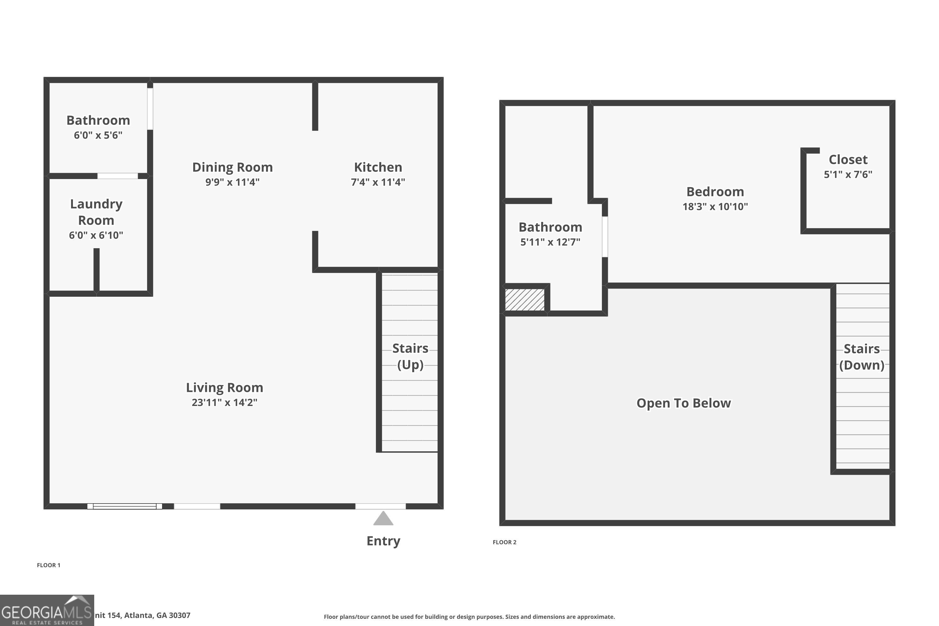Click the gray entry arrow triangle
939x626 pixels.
[383, 519]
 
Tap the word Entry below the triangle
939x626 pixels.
[383, 541]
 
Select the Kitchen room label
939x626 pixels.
[378, 167]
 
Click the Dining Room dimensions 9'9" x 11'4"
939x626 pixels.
[232, 182]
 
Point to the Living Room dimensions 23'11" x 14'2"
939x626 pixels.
[224, 403]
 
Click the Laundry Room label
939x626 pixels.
[96, 212]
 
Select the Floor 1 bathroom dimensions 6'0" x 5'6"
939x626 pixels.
[98, 135]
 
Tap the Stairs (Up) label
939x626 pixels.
[410, 356]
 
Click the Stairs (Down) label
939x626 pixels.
[862, 357]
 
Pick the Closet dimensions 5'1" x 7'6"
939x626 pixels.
[848, 174]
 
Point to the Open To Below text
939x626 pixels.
[684, 403]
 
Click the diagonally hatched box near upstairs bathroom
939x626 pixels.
[525, 300]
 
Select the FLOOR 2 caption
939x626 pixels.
[504, 542]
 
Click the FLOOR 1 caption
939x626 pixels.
[48, 565]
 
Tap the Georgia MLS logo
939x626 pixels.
[47, 610]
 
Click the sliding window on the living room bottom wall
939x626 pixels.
[125, 506]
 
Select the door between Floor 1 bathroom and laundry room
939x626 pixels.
[117, 176]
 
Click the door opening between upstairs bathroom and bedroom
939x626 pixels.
[605, 237]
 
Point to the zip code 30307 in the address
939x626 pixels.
[179, 615]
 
